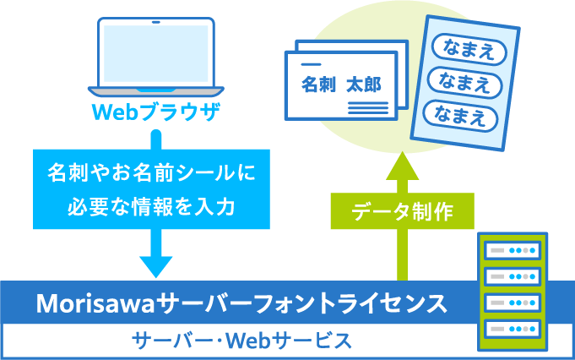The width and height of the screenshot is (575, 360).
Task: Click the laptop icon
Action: (x=155, y=55)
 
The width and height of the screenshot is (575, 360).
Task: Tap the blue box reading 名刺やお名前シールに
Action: (x=151, y=174)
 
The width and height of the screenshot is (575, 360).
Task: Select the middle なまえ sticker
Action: (x=461, y=81)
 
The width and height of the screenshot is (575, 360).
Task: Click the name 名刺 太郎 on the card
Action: (x=341, y=85)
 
